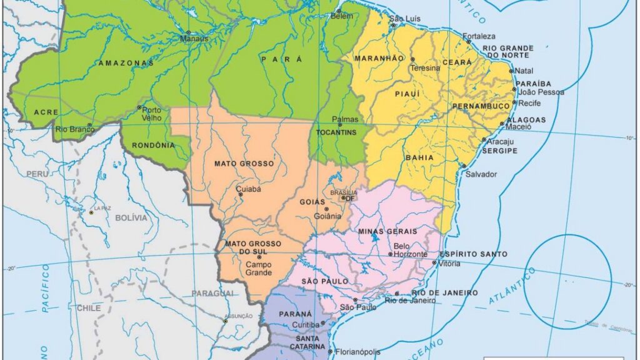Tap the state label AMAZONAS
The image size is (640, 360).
point(125,63)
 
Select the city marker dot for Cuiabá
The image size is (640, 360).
point(241,194)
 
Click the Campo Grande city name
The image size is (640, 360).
point(259,269)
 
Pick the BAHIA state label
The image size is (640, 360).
point(419,158)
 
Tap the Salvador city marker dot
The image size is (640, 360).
point(463,166)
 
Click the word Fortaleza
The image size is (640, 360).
point(479,36)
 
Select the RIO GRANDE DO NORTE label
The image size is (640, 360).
point(507,51)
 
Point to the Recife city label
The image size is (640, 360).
point(530,102)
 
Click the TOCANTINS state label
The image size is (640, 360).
point(336,132)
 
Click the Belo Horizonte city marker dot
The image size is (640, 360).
point(391,254)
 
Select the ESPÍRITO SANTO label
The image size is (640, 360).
point(473,254)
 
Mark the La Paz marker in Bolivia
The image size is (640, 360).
point(92,213)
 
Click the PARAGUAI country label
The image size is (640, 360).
point(212,293)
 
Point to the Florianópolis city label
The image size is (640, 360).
point(357,352)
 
